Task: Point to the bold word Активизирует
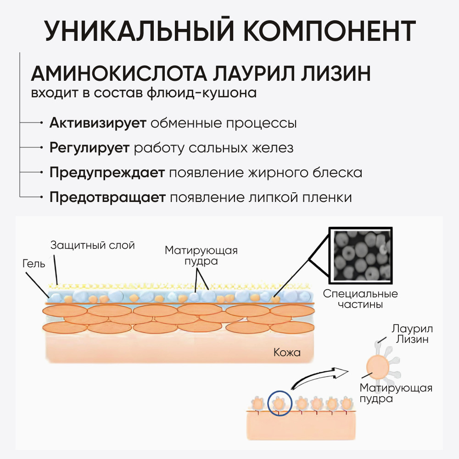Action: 98,123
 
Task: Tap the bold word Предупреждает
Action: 107,173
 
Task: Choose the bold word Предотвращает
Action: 107,198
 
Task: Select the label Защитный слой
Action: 92,245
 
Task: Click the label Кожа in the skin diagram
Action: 287,353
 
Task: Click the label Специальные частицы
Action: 360,299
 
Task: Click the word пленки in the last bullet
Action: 330,198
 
